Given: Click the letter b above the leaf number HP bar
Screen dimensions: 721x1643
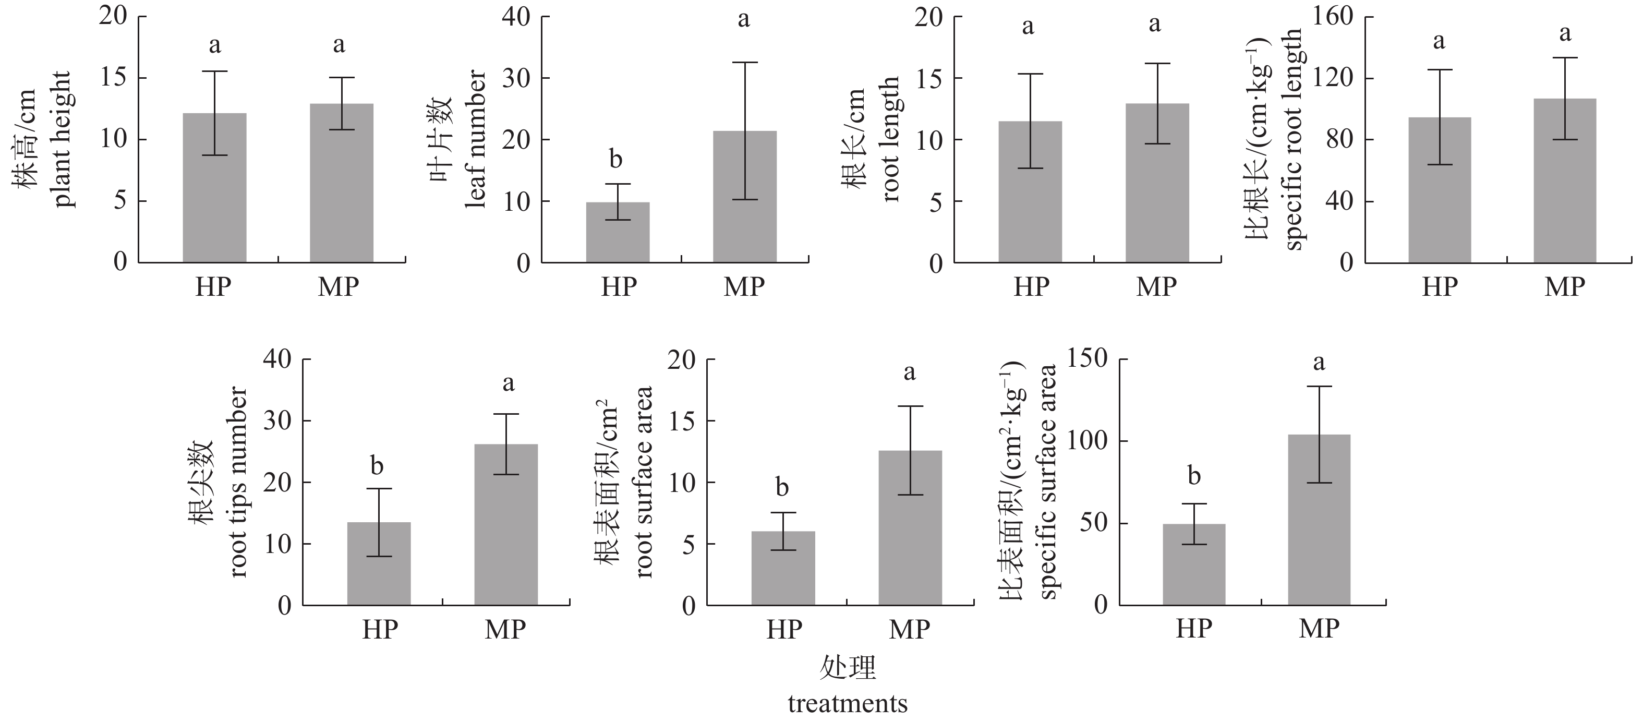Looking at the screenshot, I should coord(615,159).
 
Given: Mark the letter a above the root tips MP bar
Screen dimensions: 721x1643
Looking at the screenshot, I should coord(509,383).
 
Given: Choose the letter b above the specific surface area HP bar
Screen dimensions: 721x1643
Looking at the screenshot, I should coord(1194,475).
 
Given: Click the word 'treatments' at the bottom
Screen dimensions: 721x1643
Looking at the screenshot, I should coord(847,704).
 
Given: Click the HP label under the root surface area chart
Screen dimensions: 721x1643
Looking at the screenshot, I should coord(783,630).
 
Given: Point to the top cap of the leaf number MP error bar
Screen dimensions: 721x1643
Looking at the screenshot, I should coord(744,63).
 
